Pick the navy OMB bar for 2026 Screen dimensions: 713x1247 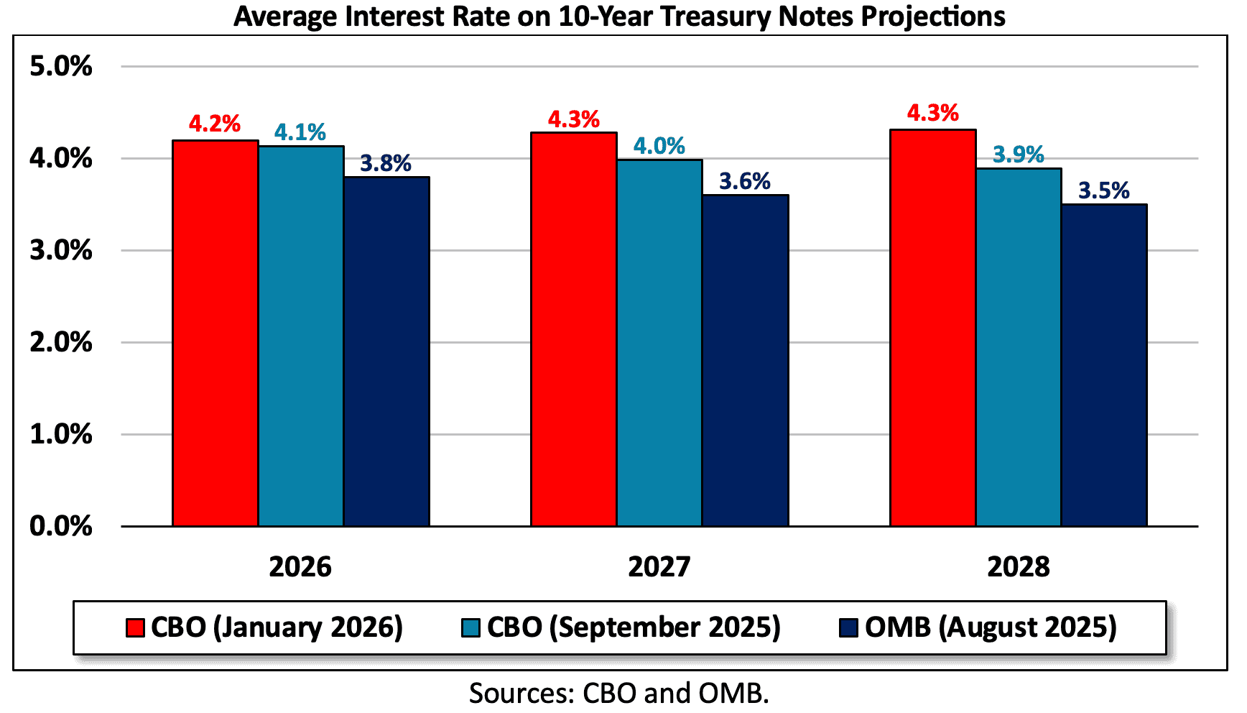point(386,351)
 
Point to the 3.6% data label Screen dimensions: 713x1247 point(744,181)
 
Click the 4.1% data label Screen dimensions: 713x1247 point(300,132)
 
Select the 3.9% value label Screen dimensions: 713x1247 point(1018,155)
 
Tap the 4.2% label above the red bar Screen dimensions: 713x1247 point(214,124)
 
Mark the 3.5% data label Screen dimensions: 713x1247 point(1103,190)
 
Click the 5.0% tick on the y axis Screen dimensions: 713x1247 point(61,66)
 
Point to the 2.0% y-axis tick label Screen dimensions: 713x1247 point(61,342)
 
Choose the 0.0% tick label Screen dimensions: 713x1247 point(61,526)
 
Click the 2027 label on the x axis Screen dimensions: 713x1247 point(659,567)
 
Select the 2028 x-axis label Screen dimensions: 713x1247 point(1018,567)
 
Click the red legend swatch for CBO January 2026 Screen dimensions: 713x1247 point(135,627)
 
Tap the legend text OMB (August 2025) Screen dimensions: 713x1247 point(991,627)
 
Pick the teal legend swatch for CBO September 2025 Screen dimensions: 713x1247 point(470,627)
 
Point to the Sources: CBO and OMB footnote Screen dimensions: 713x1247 point(618,693)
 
